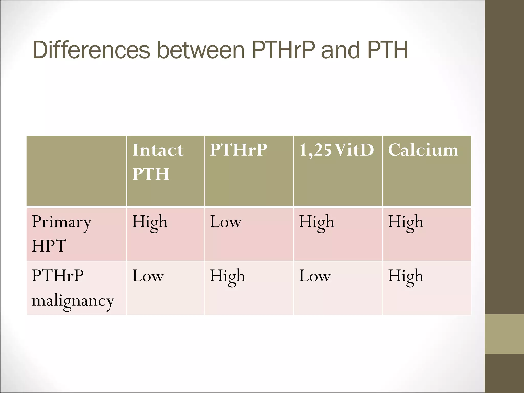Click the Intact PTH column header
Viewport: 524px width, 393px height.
coord(158,162)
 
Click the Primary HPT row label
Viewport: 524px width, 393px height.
coord(61,233)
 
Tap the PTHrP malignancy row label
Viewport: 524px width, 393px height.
coord(73,288)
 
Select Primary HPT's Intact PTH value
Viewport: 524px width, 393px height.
coord(150,222)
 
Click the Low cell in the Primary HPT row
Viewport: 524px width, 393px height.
coord(226,222)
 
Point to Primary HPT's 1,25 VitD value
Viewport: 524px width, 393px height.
coord(316,222)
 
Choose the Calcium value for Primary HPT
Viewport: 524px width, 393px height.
coord(406,222)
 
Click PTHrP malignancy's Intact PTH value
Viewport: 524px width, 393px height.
coord(148,276)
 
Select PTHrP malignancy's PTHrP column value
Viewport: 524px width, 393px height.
coord(227,276)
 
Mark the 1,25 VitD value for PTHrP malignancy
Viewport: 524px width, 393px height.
coord(315,276)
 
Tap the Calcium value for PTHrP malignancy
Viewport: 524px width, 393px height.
coord(406,276)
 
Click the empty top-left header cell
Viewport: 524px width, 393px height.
coord(76,171)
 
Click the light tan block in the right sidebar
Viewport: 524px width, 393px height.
coord(504,334)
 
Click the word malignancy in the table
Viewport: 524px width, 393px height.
coord(73,301)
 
